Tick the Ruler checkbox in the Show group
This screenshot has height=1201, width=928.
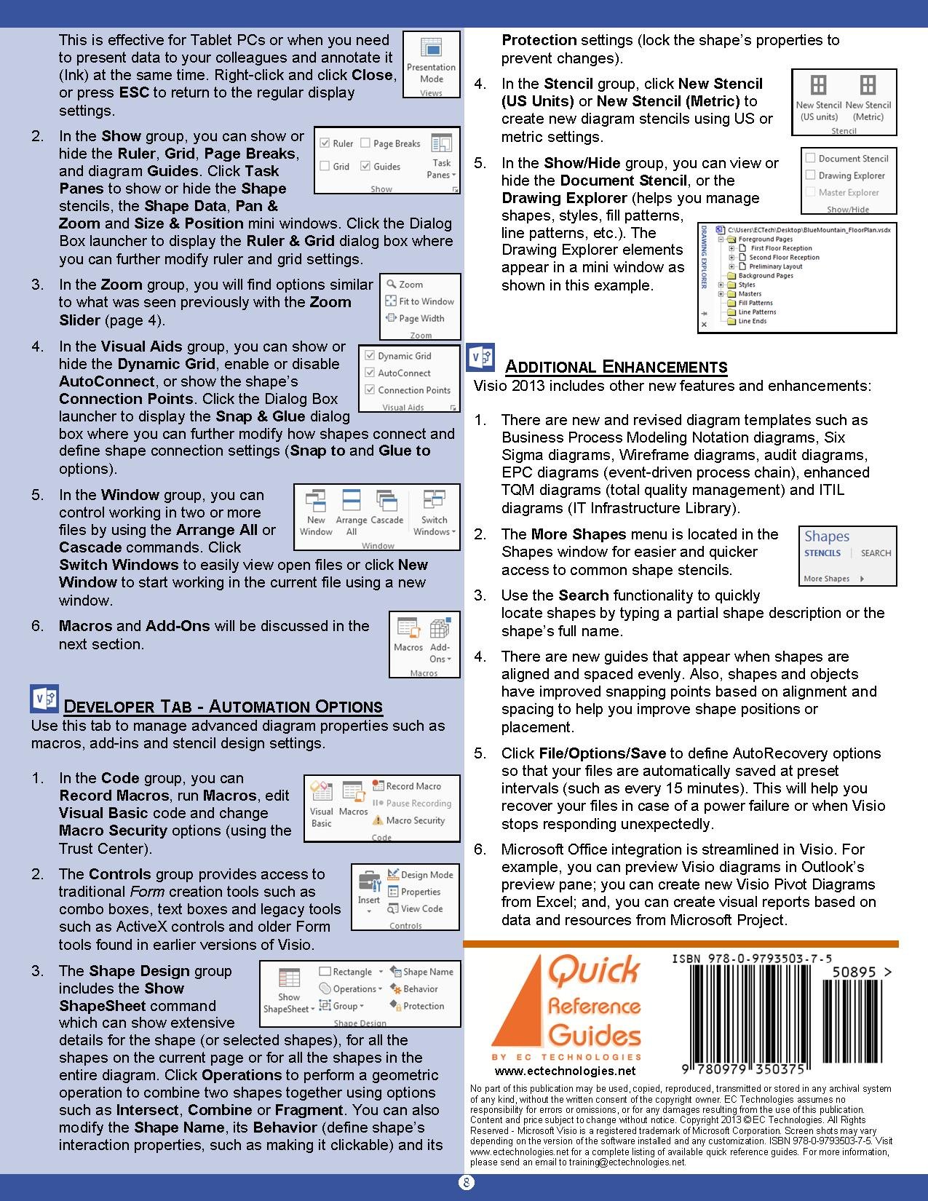click(325, 143)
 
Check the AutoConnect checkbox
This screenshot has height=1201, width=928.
click(370, 373)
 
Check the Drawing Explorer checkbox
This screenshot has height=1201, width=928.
click(811, 175)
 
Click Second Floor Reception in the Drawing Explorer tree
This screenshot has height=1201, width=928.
click(784, 257)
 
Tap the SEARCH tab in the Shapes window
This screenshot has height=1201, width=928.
click(876, 553)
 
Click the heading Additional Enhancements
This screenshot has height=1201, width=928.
click(616, 367)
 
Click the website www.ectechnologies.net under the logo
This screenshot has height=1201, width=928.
click(565, 1071)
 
